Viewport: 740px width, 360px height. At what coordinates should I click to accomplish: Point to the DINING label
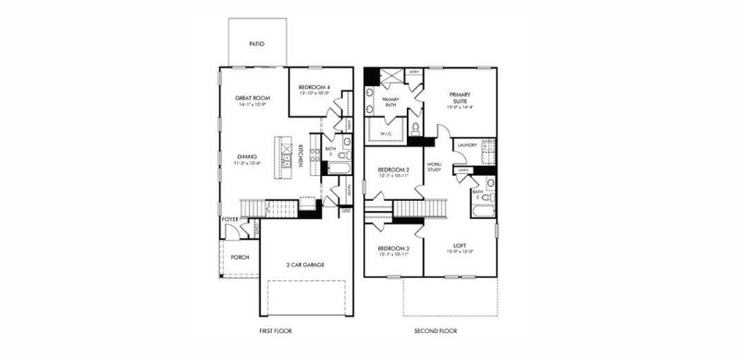247,156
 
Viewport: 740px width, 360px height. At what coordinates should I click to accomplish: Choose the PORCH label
240,256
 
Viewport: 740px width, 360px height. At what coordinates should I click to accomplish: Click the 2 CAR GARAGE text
305,265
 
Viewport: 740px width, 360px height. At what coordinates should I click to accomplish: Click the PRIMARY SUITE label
461,98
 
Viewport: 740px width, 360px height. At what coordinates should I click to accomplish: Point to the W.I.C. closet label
388,133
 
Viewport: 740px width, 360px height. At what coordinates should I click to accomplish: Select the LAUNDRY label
466,144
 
